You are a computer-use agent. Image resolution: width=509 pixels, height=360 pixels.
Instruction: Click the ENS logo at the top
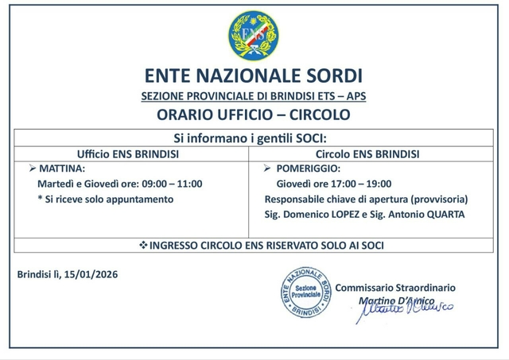coord(254,37)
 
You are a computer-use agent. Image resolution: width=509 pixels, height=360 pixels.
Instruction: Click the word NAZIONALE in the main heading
coord(253,76)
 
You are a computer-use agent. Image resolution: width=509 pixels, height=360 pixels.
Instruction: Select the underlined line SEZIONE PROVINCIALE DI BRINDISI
coord(254,96)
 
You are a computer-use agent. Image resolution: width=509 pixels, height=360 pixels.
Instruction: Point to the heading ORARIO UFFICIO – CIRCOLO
coord(254,114)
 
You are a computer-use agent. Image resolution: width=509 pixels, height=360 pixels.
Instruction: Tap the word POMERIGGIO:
coord(309,169)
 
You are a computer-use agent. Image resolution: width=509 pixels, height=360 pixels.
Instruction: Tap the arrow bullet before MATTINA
coord(32,169)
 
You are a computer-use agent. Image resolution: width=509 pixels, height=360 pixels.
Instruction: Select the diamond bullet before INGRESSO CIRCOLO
coord(143,246)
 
